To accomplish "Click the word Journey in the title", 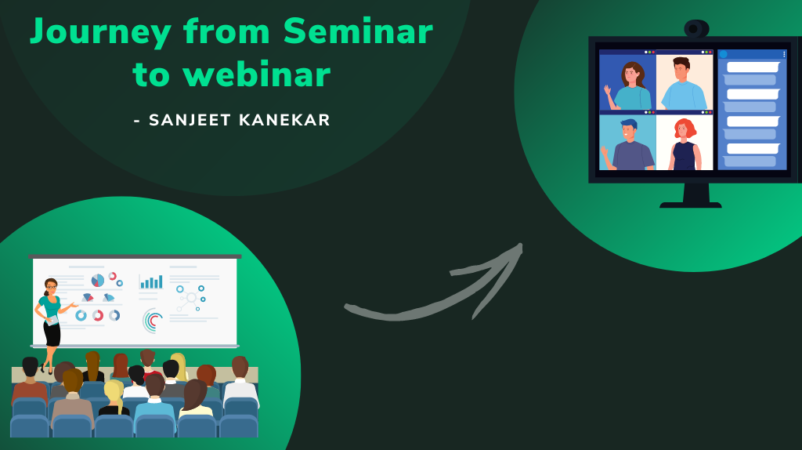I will pyautogui.click(x=100, y=33).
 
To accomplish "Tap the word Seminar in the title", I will pyautogui.click(x=358, y=31).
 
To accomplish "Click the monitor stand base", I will pyautogui.click(x=690, y=205).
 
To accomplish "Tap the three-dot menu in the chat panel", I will pyautogui.click(x=783, y=54).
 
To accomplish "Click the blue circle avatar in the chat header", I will pyautogui.click(x=724, y=54).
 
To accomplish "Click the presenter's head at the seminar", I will pyautogui.click(x=51, y=286).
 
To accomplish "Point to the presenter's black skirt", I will pyautogui.click(x=52, y=332).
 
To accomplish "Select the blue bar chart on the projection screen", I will pyautogui.click(x=151, y=282).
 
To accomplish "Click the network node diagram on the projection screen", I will pyautogui.click(x=190, y=298).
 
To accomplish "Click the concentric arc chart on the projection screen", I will pyautogui.click(x=154, y=320).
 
